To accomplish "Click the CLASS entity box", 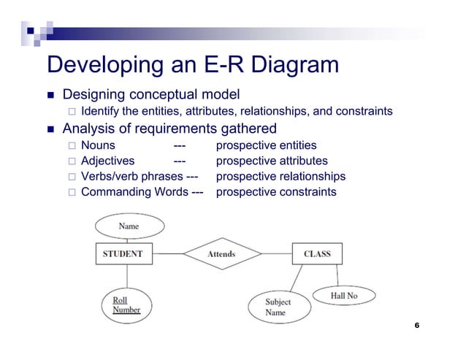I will [317, 254].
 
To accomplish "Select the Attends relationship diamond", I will [221, 254].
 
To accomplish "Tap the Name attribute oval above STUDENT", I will [129, 226].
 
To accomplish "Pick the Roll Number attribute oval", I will [126, 305].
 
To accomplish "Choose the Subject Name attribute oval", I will [277, 307].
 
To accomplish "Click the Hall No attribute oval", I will [344, 296].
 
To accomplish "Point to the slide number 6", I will [416, 325].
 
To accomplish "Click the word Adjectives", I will [107, 161].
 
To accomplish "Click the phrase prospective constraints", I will [276, 192].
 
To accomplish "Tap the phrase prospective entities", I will [266, 145].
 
